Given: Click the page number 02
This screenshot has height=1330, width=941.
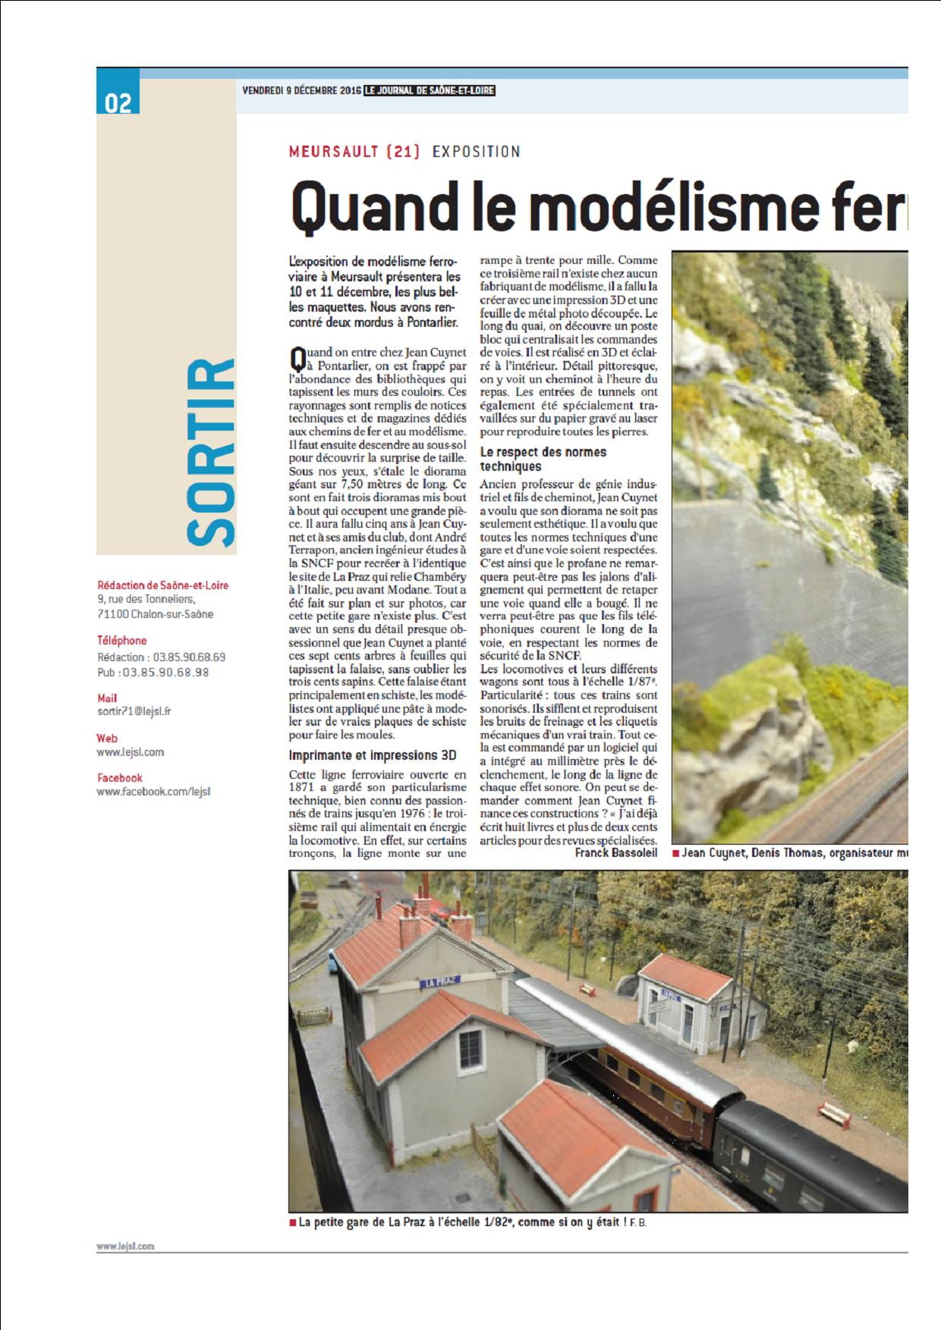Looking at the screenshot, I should tap(118, 103).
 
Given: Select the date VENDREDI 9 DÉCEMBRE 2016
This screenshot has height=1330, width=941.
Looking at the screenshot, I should tap(301, 90).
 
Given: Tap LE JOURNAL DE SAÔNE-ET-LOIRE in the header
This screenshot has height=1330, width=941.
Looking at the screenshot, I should tap(429, 90).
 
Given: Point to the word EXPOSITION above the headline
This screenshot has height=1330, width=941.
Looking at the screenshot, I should tap(476, 151).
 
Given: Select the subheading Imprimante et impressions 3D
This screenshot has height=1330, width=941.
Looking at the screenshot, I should tap(373, 755).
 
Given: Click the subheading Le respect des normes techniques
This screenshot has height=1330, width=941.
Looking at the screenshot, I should tap(543, 459).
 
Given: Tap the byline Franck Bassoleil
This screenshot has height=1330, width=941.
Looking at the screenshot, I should tap(615, 853).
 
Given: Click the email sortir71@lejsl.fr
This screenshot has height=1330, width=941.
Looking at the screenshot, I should tap(134, 712).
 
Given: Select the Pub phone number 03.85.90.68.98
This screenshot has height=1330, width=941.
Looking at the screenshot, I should tap(166, 673).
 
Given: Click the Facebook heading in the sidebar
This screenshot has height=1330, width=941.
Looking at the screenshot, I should tap(119, 777).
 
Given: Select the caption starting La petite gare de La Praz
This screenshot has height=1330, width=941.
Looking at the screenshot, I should tap(467, 1222).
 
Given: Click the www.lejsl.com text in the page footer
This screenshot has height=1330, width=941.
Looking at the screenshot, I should tap(125, 1246).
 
